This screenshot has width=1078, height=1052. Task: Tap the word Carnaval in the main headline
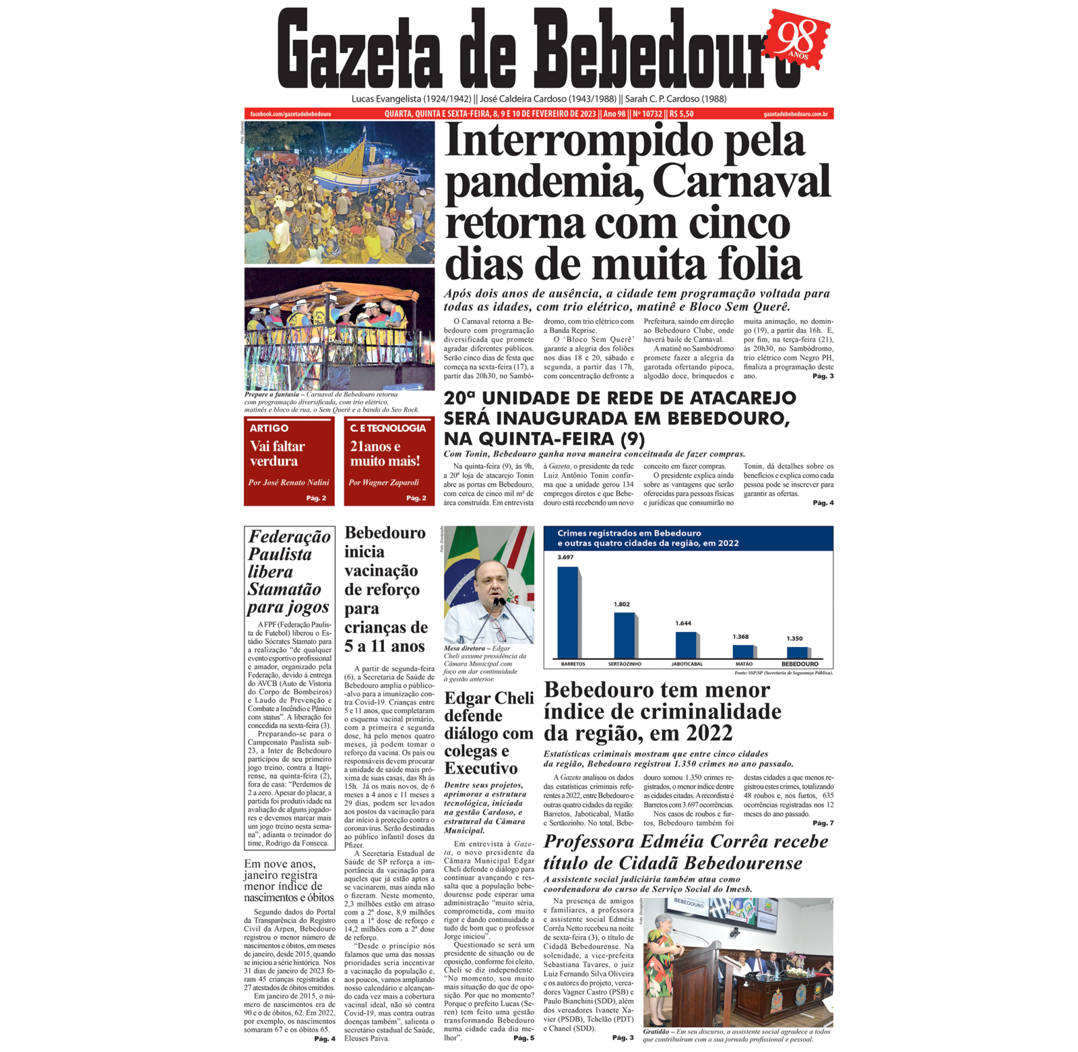tap(741, 182)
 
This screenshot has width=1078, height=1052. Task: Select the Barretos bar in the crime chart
tap(568, 612)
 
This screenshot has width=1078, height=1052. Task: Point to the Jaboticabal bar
tap(686, 644)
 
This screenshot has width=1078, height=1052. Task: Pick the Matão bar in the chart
tap(743, 651)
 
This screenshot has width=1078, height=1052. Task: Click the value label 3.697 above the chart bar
tap(565, 557)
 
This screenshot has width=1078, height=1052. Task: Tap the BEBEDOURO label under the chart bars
tap(800, 664)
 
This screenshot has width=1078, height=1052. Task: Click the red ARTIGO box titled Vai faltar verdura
tap(289, 462)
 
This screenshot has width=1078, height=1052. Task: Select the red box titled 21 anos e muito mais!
tap(389, 462)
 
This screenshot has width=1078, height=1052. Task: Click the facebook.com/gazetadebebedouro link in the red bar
tap(290, 114)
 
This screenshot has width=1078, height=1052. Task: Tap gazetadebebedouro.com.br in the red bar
tap(796, 114)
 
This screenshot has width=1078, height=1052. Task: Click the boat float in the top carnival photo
tap(358, 166)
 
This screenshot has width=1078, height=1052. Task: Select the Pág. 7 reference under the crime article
tap(823, 823)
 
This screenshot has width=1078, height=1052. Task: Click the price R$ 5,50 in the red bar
tap(681, 114)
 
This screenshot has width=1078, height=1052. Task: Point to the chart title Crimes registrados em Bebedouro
tap(629, 533)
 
